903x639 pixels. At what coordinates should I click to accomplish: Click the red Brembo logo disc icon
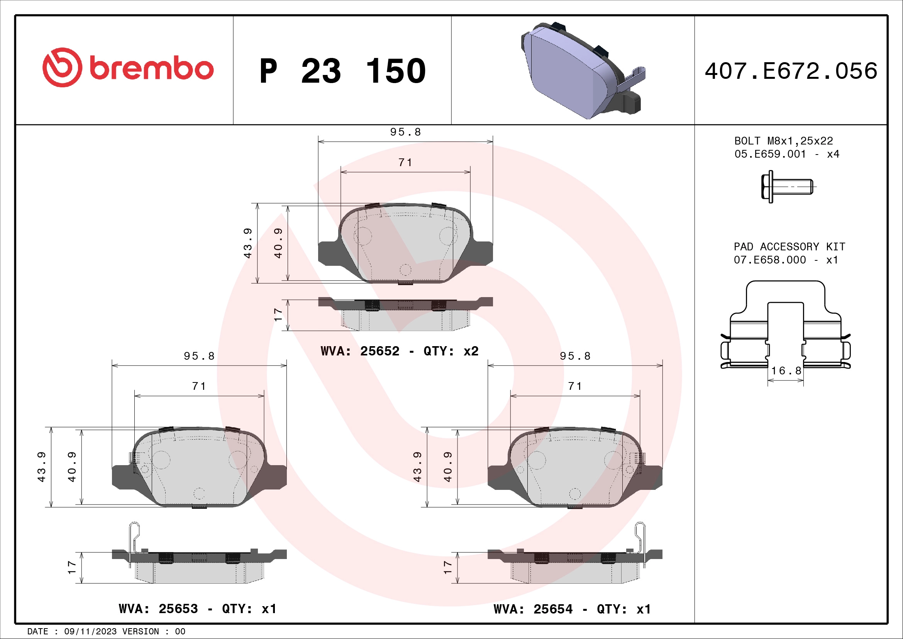(x=63, y=67)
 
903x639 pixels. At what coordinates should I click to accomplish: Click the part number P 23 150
(x=342, y=71)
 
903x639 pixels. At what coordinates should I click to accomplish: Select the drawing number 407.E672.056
(x=791, y=71)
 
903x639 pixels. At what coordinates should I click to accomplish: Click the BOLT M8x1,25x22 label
(x=783, y=141)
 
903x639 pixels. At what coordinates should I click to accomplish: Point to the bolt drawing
(x=786, y=187)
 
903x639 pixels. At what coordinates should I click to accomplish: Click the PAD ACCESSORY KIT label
(x=789, y=247)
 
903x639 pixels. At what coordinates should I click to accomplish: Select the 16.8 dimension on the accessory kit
(x=786, y=370)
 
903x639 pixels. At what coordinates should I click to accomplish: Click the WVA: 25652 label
(x=360, y=351)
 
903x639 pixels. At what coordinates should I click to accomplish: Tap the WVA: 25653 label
(x=158, y=609)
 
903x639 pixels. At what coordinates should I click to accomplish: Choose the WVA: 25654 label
(x=533, y=609)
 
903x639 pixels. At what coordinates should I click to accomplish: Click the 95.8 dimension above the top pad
(x=405, y=132)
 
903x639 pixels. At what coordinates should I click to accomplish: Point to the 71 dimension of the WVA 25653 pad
(x=199, y=386)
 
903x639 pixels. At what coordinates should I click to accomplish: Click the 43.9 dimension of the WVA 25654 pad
(x=417, y=467)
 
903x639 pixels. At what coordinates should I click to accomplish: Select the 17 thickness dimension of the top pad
(x=278, y=315)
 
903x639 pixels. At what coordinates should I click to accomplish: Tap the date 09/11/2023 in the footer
(x=90, y=632)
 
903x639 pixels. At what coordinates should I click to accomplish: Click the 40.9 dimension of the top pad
(x=278, y=243)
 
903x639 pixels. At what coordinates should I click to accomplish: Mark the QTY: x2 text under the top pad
(x=451, y=351)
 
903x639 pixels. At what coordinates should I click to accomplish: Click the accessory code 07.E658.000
(x=770, y=260)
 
